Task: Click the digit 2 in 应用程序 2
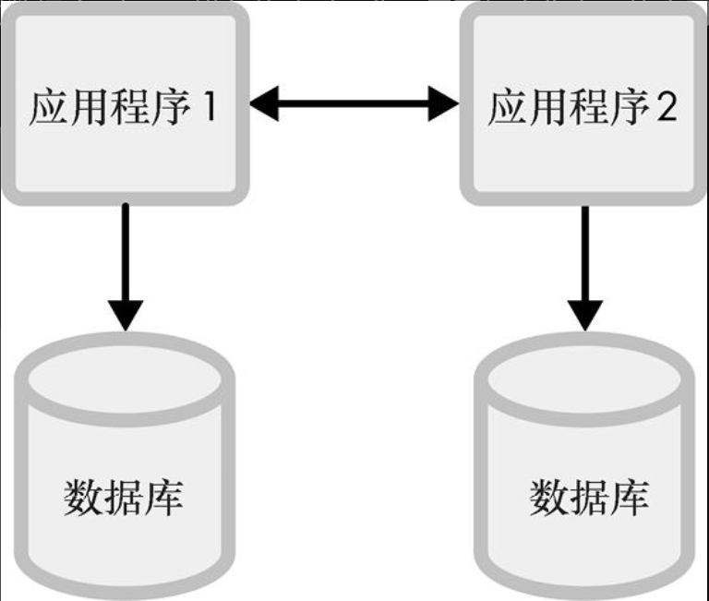click(x=665, y=108)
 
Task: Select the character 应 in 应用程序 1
click(x=49, y=108)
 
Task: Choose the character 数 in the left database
click(x=83, y=498)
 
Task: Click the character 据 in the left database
click(x=124, y=498)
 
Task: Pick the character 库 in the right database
click(x=629, y=498)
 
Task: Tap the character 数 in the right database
click(x=548, y=498)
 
